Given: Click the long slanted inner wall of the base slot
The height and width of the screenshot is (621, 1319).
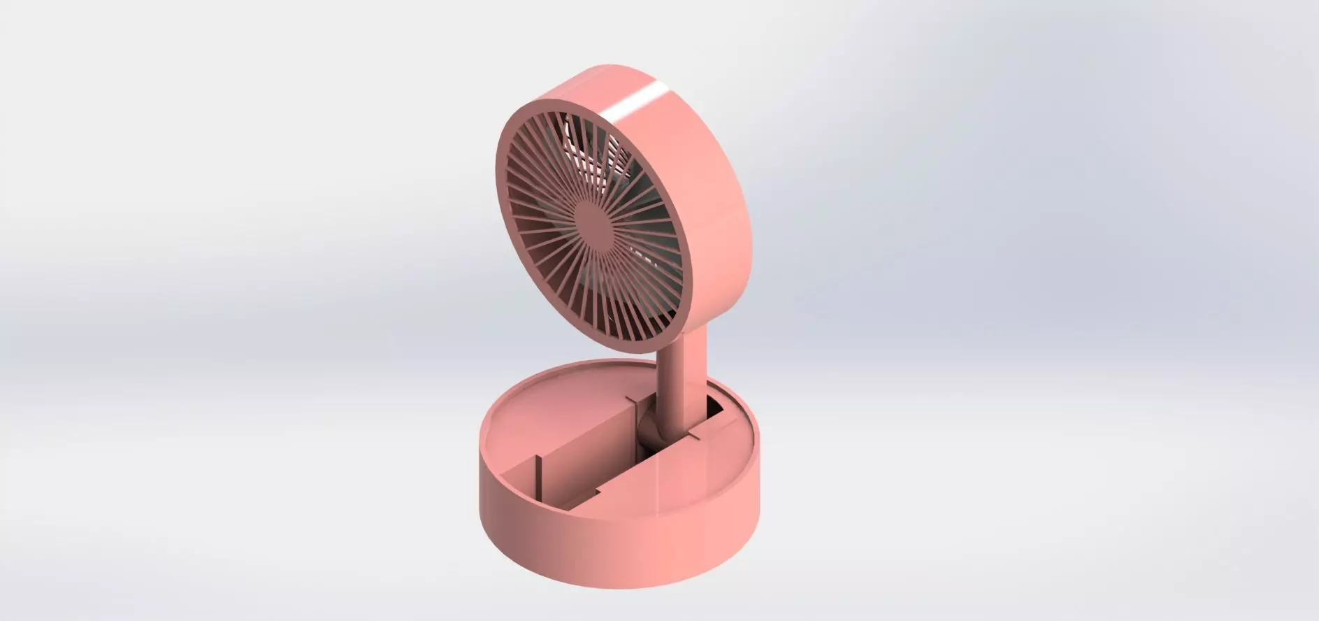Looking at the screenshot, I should [x=587, y=448].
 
